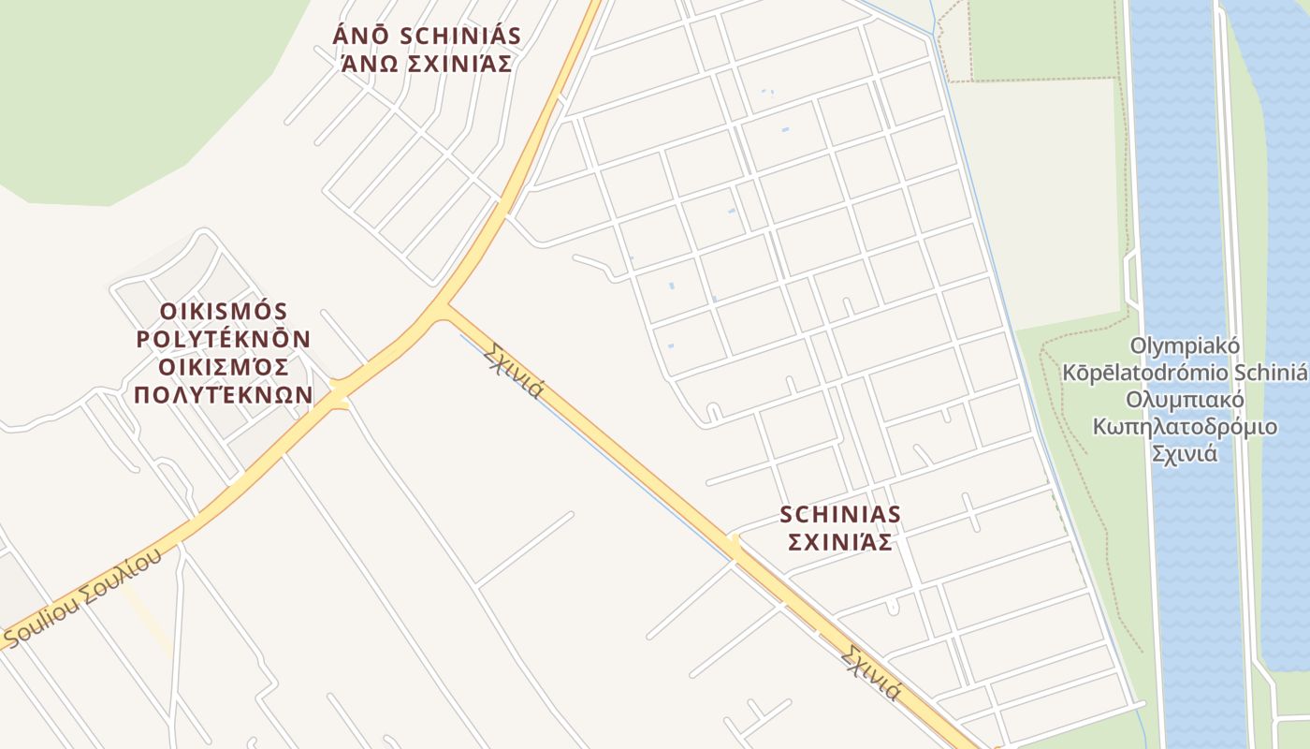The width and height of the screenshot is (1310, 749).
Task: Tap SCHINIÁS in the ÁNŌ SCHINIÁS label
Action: (x=460, y=37)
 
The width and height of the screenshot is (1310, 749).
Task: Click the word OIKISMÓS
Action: (x=224, y=311)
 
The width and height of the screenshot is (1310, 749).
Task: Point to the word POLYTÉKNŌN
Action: (x=224, y=338)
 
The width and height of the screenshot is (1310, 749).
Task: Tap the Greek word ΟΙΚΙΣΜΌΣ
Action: (x=224, y=366)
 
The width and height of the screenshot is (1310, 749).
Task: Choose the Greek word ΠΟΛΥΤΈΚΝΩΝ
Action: (x=224, y=394)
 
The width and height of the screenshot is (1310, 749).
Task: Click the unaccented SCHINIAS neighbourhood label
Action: (x=840, y=514)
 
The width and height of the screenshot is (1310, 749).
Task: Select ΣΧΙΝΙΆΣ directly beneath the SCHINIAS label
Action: (x=840, y=542)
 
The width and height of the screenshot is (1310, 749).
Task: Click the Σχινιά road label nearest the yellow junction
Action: (x=514, y=370)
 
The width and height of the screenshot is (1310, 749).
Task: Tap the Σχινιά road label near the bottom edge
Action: (x=870, y=672)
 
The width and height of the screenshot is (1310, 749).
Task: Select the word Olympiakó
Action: (x=1185, y=346)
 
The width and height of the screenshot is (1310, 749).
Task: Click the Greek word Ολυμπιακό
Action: (x=1185, y=401)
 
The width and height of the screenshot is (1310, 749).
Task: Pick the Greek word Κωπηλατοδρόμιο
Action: (x=1185, y=428)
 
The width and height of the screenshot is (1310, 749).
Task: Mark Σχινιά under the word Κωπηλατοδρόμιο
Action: (x=1185, y=455)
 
